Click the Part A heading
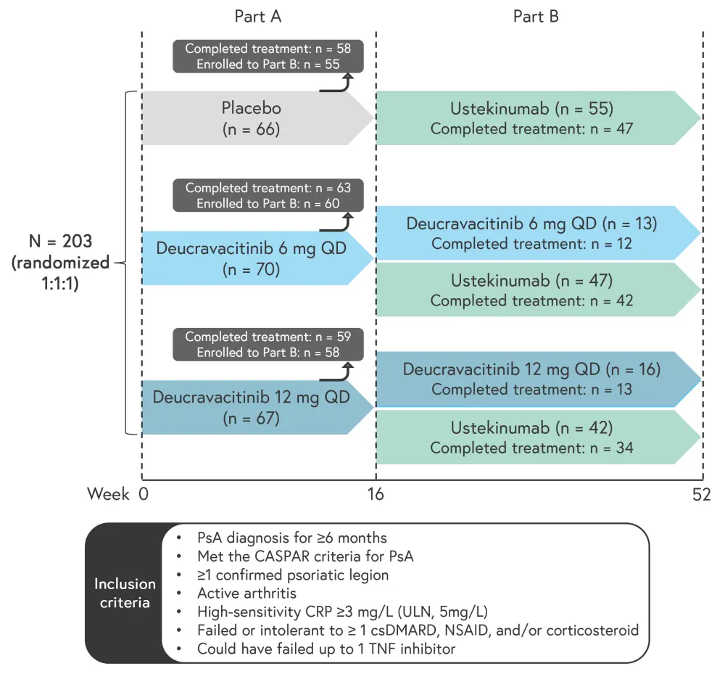coord(257,16)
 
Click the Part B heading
coord(536,16)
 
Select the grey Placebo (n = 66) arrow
coord(252,118)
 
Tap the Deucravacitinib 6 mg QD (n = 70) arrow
coord(252,258)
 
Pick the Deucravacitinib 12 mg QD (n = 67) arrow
coord(252,407)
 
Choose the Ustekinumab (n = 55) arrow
coord(532,118)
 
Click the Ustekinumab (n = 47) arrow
coord(532,289)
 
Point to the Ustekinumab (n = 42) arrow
coord(532,437)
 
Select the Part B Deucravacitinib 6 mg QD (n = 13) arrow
coord(532,233)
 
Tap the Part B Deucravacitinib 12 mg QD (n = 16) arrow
coord(532,379)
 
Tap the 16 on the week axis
coord(375,495)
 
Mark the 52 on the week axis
coord(701,495)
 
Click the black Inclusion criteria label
coord(125,593)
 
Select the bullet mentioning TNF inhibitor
coord(326,648)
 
